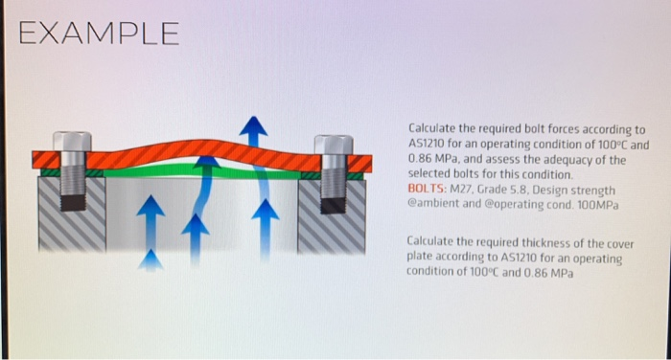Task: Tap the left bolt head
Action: coord(73,141)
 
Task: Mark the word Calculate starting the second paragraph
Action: coord(432,243)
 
